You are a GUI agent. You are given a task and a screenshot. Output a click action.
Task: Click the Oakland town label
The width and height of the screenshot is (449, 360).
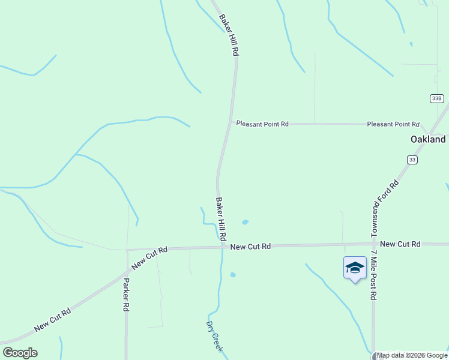coord(428,139)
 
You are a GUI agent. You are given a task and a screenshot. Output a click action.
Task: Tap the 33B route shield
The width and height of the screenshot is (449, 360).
coord(436,98)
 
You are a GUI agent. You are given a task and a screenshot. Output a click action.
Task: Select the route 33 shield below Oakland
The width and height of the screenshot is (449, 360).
coord(412,160)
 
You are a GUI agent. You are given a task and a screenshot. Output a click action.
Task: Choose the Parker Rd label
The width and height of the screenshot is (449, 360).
coord(126,294)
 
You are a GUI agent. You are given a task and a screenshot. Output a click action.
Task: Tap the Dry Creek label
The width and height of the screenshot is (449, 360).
coord(214,337)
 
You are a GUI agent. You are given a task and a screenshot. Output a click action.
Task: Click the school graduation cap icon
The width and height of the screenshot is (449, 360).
coord(355,268)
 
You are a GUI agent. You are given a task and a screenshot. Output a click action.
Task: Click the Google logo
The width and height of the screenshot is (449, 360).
coord(20,353)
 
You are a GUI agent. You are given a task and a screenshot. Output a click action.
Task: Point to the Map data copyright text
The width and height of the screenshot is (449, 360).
coord(412,356)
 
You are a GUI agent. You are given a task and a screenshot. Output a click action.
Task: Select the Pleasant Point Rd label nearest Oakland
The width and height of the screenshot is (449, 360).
coord(393,124)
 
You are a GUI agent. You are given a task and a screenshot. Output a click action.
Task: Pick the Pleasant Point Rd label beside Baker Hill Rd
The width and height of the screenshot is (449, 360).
coord(262,124)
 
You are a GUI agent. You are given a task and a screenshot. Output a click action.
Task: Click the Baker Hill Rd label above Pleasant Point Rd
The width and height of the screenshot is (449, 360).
coord(229,35)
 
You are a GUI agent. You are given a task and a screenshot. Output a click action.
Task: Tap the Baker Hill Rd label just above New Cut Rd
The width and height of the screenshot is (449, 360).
coord(221,219)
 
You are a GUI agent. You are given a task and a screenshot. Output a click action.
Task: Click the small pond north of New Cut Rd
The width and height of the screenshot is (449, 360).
coord(245,222)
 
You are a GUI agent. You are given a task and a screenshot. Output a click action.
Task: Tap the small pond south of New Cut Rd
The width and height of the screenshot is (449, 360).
coord(233,275)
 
